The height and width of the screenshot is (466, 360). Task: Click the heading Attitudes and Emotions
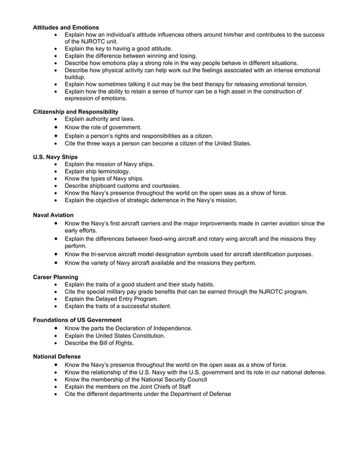[x=66, y=27]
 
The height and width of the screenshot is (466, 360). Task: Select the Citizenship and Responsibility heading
[x=76, y=112]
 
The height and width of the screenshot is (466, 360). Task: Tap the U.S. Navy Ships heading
[x=55, y=156]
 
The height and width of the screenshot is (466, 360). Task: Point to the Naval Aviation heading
[x=52, y=216]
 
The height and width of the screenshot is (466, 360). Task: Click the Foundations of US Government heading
[x=77, y=320]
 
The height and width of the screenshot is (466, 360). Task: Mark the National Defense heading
[x=56, y=357]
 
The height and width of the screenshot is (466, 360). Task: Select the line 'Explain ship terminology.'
[x=97, y=171]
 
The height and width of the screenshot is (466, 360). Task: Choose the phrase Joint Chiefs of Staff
[x=159, y=386]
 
